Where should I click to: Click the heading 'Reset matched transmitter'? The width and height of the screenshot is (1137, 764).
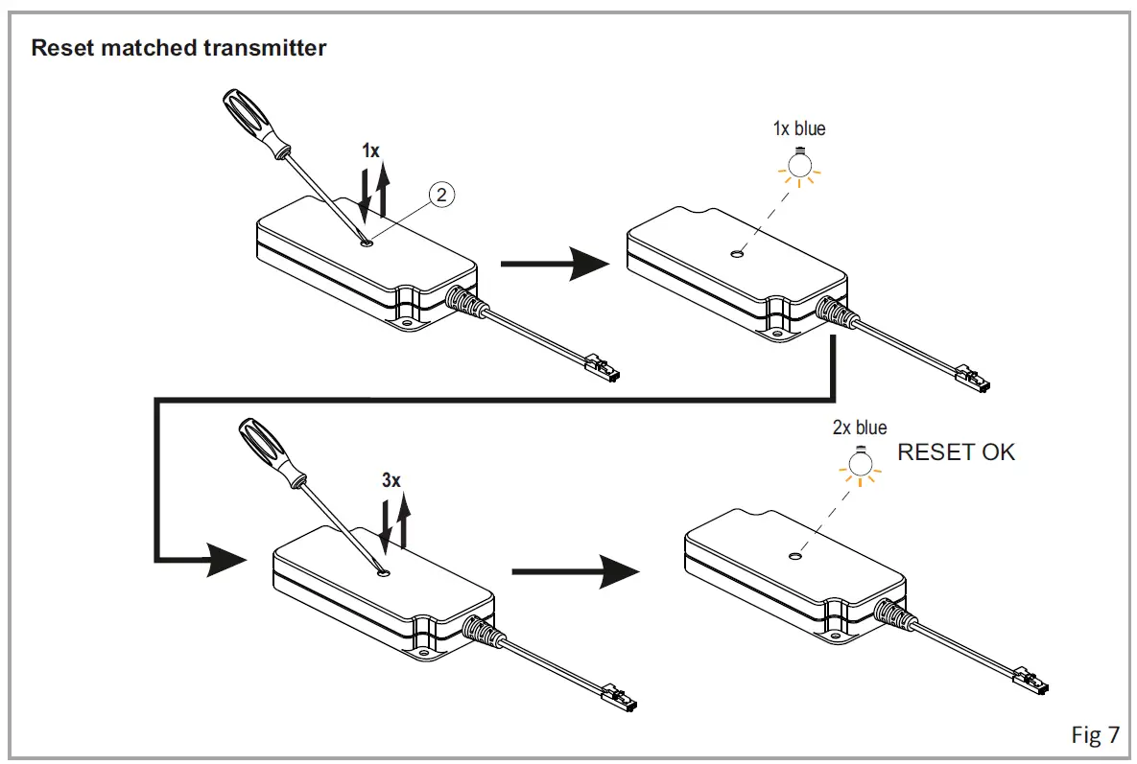pyautogui.click(x=178, y=48)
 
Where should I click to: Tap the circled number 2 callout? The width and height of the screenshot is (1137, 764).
pyautogui.click(x=440, y=195)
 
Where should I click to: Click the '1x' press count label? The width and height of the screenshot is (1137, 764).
pyautogui.click(x=370, y=150)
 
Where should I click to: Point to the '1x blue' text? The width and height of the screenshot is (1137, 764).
pyautogui.click(x=798, y=128)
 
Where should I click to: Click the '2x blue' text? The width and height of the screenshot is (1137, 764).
pyautogui.click(x=860, y=428)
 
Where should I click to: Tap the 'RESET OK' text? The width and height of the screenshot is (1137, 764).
pyautogui.click(x=955, y=453)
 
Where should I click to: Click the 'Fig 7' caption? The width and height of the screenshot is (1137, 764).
pyautogui.click(x=1095, y=734)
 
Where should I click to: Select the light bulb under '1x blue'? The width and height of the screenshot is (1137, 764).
pyautogui.click(x=797, y=167)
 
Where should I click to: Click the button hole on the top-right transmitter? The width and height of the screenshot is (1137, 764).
pyautogui.click(x=736, y=255)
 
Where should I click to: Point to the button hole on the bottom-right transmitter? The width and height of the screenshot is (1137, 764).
pyautogui.click(x=795, y=555)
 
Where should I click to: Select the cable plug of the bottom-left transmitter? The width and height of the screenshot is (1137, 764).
pyautogui.click(x=619, y=697)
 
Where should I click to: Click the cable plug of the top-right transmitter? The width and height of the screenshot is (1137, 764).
pyautogui.click(x=975, y=379)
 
